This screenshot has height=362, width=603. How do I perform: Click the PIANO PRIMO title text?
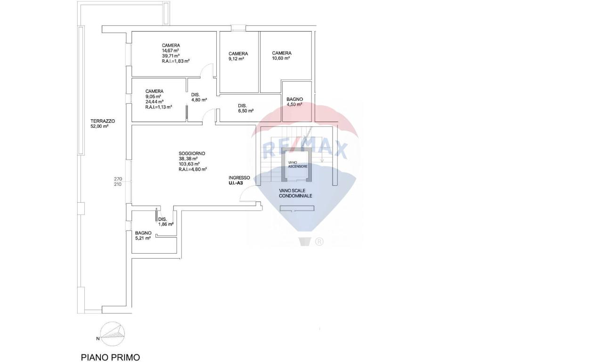[x=110, y=357]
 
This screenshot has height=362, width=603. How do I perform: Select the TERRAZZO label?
[x=102, y=121]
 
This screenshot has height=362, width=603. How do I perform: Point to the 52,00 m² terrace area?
[x=100, y=126]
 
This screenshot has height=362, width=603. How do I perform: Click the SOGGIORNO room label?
[x=192, y=154]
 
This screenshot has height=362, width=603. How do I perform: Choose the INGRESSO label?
[x=239, y=178]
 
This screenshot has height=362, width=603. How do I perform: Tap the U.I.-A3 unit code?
[x=236, y=183]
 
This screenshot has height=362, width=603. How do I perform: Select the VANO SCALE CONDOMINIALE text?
[x=295, y=193]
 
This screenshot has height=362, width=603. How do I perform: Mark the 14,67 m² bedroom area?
[x=170, y=50]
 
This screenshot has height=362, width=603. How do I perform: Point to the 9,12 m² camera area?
[x=236, y=59]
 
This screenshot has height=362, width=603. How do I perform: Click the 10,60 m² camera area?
[x=281, y=58]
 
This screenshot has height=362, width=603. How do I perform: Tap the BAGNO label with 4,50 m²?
[x=294, y=99]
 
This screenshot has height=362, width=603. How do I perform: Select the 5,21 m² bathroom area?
[x=143, y=238]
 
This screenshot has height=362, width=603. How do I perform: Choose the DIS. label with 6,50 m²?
[x=242, y=106]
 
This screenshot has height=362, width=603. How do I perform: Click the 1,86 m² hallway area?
[x=166, y=224]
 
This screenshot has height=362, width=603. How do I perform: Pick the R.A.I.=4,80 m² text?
[x=193, y=169]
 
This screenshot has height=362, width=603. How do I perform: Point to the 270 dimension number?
[x=118, y=179]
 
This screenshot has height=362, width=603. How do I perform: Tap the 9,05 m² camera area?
[x=153, y=97]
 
